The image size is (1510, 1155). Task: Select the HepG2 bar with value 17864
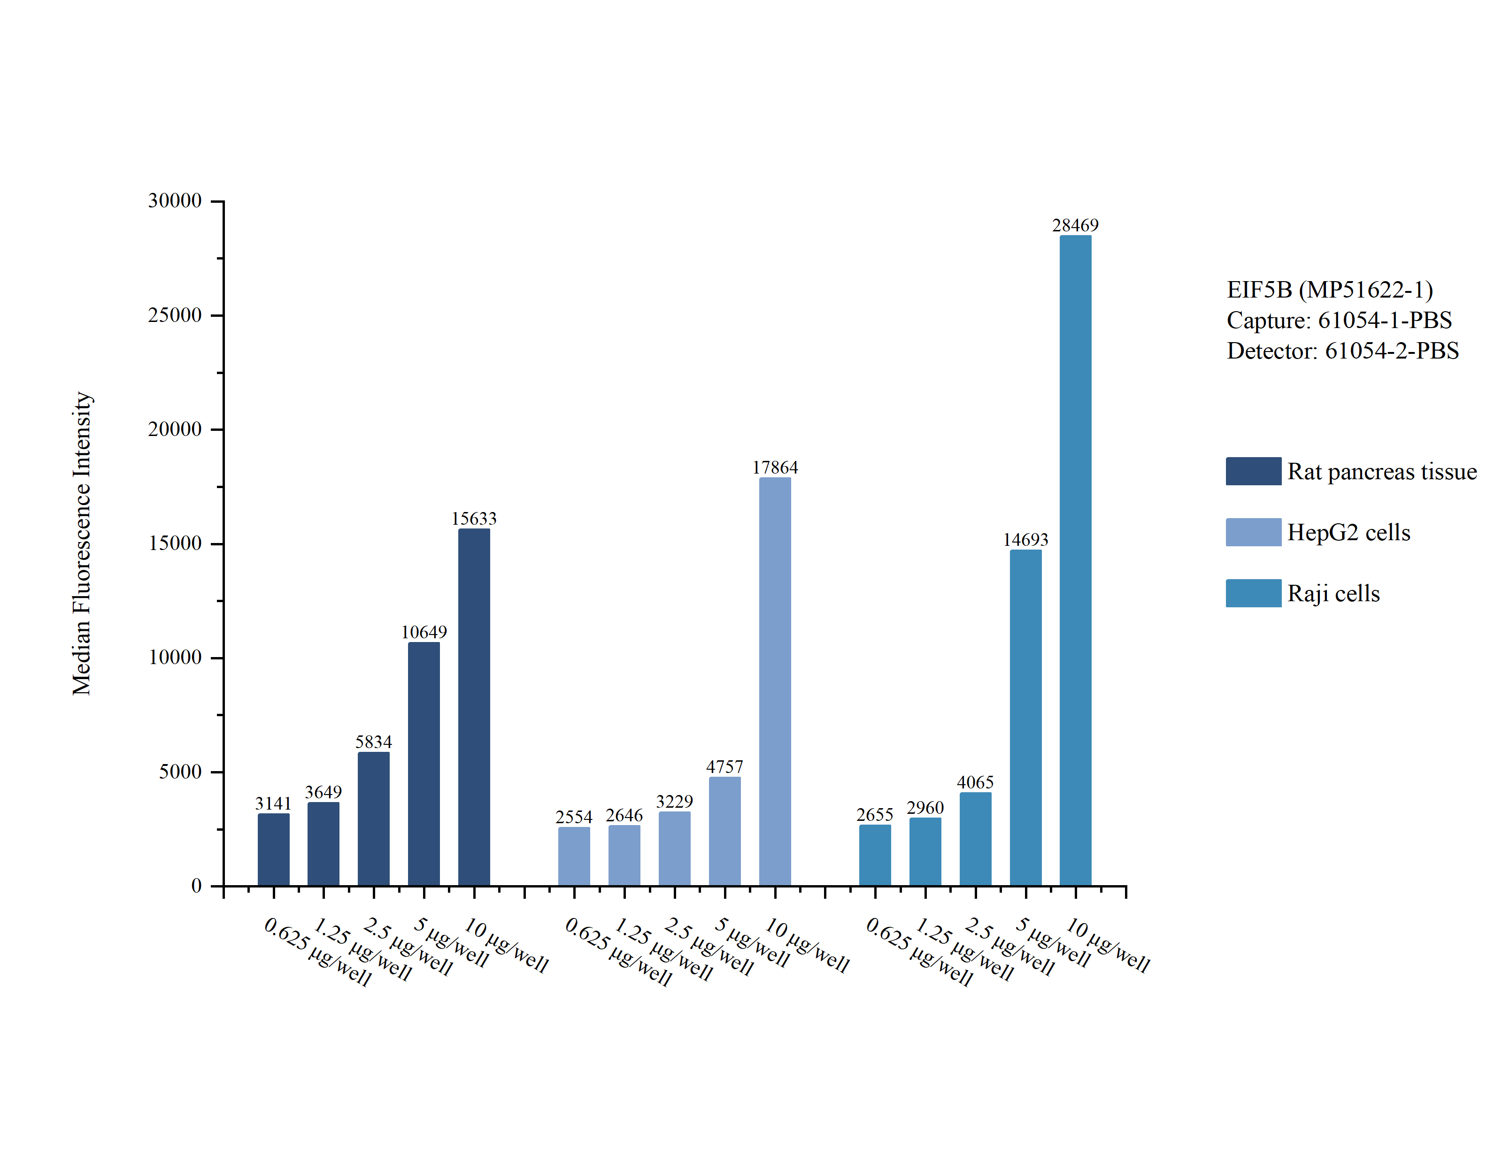[774, 681]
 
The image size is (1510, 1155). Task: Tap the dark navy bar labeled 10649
[424, 763]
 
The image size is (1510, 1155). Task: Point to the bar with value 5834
[373, 818]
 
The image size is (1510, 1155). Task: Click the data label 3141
[273, 803]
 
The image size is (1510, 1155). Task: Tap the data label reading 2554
[573, 817]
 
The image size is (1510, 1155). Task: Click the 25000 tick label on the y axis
[175, 315]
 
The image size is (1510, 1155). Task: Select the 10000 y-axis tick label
[175, 657]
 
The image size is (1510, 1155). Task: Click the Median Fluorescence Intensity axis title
[82, 543]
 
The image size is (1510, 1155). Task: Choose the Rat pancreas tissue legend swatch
[1253, 471]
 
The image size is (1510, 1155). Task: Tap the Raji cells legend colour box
[1253, 593]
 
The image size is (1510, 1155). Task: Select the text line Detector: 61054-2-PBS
[1342, 351]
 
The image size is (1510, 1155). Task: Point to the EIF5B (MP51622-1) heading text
[1329, 290]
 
